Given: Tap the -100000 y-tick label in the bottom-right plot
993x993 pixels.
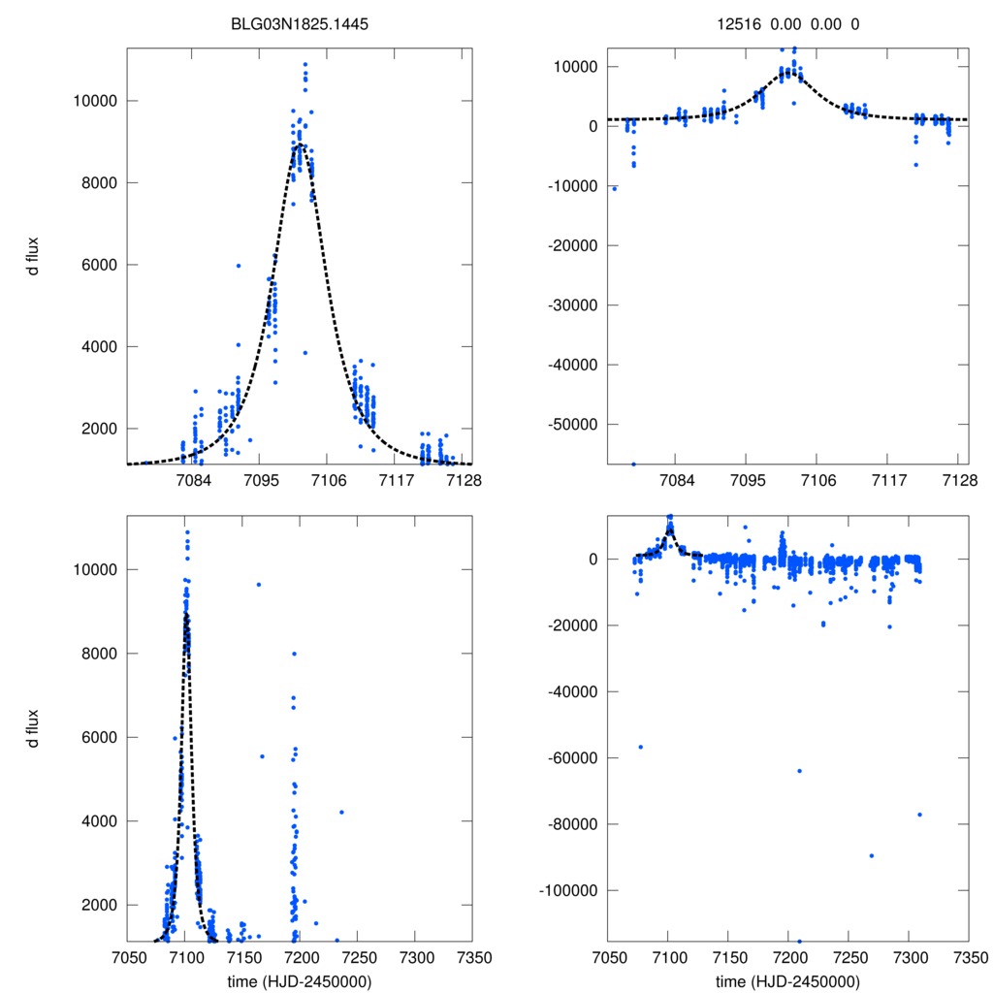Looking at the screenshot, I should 563,890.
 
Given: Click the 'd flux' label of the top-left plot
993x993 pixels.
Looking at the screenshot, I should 33,258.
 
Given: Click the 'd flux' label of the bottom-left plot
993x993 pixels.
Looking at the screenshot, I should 33,728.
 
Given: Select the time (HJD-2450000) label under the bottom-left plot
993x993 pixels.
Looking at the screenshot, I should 300,981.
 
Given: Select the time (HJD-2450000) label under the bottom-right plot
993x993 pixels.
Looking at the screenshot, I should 787,981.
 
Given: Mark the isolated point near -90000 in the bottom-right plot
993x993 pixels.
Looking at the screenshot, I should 872,855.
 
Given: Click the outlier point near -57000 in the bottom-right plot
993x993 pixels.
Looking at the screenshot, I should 640,747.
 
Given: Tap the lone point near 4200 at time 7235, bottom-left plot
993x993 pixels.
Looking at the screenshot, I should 341,812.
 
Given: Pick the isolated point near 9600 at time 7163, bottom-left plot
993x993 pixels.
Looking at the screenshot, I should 259,584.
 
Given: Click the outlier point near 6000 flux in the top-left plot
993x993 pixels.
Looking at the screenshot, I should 239,266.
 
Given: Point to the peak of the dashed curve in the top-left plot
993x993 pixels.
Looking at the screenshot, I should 300,144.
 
